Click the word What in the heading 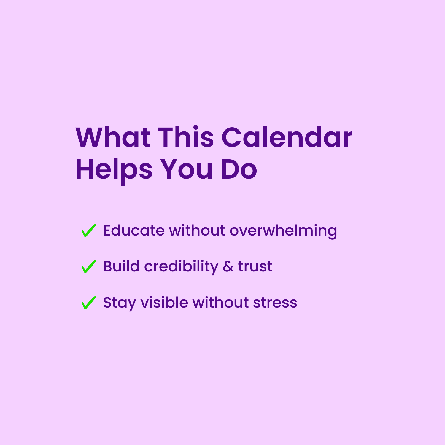[x=113, y=138]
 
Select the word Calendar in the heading [x=287, y=138]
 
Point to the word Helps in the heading [x=114, y=170]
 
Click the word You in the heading [x=187, y=170]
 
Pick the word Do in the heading [x=239, y=170]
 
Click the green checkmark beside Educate [x=88, y=231]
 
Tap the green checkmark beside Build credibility [x=88, y=267]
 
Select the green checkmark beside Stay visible [x=88, y=303]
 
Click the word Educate [x=134, y=231]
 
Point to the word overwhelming [x=283, y=231]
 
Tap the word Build [x=121, y=266]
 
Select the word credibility [x=181, y=266]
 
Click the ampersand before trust [x=228, y=266]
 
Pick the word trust [x=255, y=266]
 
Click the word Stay [x=119, y=303]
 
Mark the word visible [x=164, y=303]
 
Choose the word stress [x=275, y=303]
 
